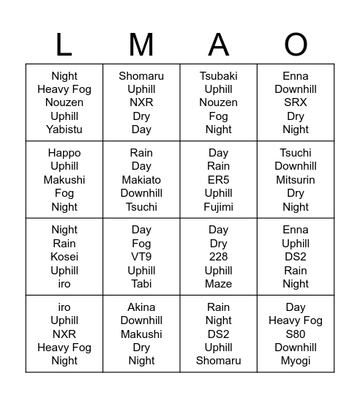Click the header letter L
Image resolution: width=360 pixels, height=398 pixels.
tap(64, 45)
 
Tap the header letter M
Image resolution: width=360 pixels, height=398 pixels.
tap(141, 45)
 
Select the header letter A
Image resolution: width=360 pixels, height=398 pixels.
tap(219, 45)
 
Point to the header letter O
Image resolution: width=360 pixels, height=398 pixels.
tap(296, 45)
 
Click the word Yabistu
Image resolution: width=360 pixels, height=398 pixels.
tap(64, 129)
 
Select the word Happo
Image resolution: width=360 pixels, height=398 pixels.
tap(64, 153)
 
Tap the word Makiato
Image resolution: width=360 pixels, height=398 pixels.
tap(141, 180)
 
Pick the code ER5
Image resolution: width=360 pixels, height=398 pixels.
tap(219, 180)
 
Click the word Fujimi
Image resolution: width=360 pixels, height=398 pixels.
tap(219, 207)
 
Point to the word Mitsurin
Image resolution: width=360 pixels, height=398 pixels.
tap(296, 180)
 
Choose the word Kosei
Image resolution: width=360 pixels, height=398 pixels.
tap(64, 257)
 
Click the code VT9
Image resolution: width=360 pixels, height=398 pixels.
tap(141, 257)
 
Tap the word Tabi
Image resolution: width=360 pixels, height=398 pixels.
tap(141, 284)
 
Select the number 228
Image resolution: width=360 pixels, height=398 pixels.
tap(219, 257)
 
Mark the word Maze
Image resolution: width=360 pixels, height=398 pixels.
tap(219, 284)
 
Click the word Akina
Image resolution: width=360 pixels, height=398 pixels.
tap(141, 307)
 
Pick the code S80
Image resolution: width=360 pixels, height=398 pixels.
tap(296, 334)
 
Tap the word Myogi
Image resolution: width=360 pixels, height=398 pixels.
tap(296, 361)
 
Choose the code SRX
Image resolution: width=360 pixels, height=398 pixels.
tap(296, 102)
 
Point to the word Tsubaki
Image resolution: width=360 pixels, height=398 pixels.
tap(219, 76)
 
